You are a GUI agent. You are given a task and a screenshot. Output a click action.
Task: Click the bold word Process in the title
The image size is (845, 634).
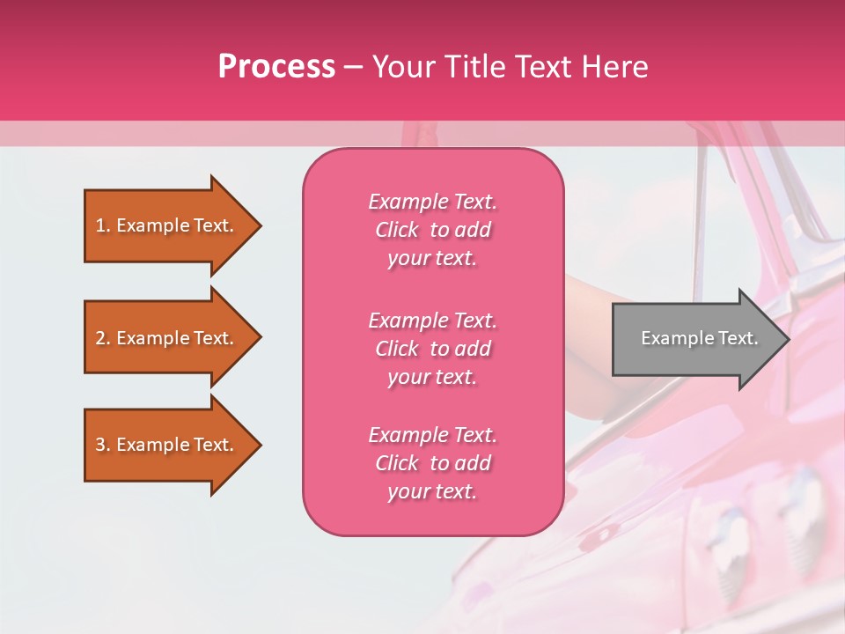(276, 67)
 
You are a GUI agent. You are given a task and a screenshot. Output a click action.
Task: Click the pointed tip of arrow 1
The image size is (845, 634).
(259, 225)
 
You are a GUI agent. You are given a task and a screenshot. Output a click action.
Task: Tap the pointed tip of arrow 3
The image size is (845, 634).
(259, 445)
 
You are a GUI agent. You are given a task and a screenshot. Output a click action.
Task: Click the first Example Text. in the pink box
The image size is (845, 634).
(432, 202)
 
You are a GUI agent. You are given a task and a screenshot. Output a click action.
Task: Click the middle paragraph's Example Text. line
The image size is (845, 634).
(432, 321)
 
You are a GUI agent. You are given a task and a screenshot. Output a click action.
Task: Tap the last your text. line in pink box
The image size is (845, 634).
(432, 491)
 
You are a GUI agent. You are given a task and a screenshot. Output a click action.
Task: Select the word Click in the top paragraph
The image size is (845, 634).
(396, 230)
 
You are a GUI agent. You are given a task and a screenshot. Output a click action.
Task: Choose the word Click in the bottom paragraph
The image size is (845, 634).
(396, 463)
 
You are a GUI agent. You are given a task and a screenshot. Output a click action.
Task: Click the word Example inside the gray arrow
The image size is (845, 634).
(671, 338)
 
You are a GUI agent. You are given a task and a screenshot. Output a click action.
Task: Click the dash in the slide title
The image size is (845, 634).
(353, 67)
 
